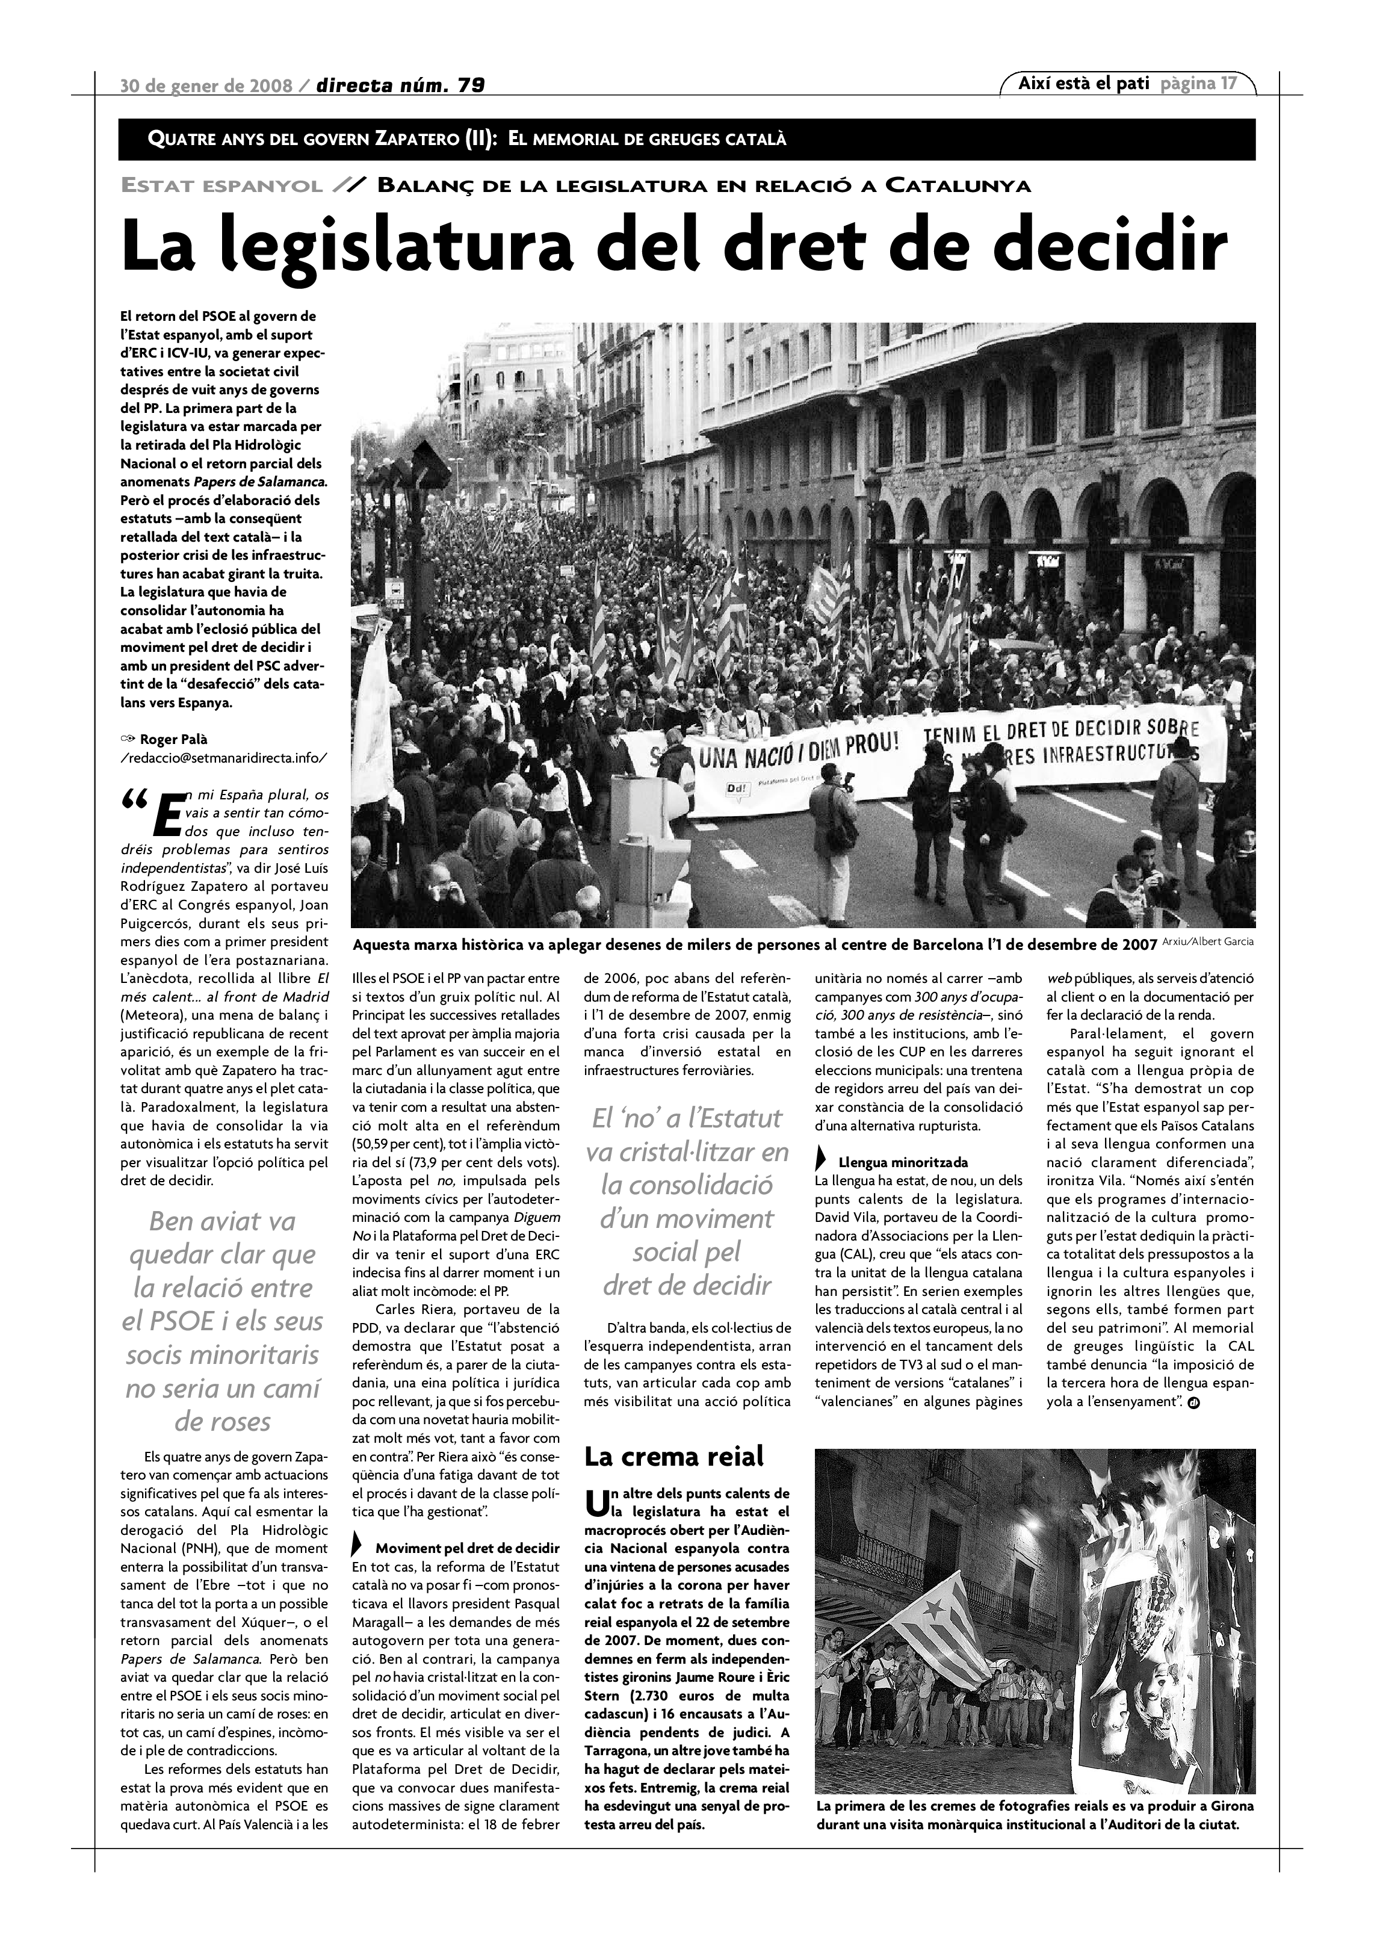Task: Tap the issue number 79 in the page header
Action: pyautogui.click(x=471, y=85)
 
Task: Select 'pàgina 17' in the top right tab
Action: pyautogui.click(x=1199, y=84)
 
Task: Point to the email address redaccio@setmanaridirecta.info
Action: pyautogui.click(x=223, y=757)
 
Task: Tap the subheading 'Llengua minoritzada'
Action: pyautogui.click(x=903, y=1162)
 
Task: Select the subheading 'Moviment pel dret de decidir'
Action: pyautogui.click(x=467, y=1548)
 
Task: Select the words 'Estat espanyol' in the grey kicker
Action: pyautogui.click(x=221, y=186)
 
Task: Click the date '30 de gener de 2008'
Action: pyautogui.click(x=206, y=85)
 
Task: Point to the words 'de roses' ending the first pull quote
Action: pyautogui.click(x=223, y=1422)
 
